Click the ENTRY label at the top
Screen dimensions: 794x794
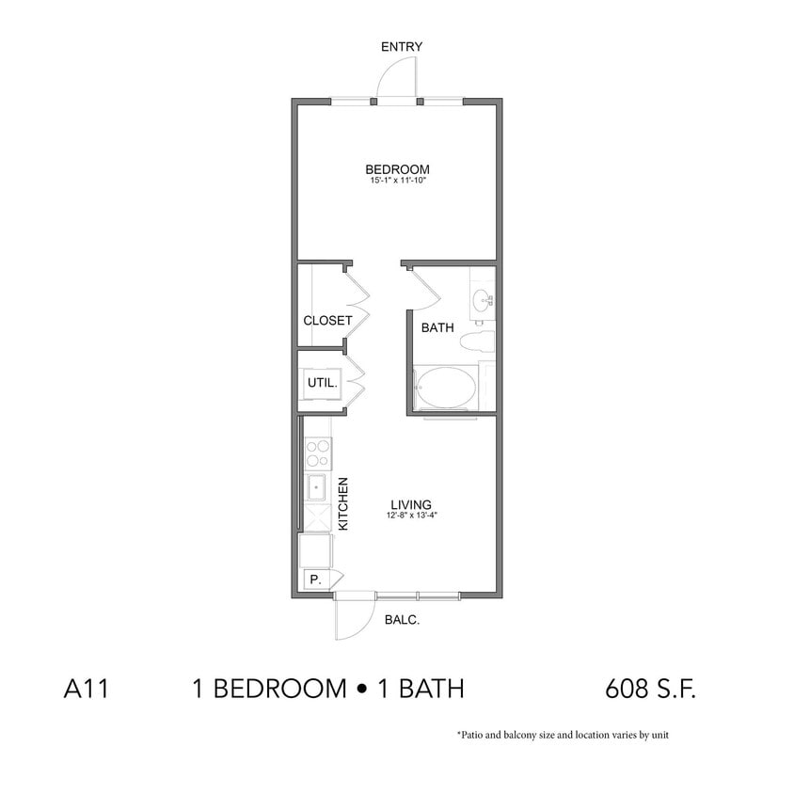coord(401,47)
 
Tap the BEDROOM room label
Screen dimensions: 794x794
coord(397,169)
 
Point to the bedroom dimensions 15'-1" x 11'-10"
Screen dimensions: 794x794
coord(397,180)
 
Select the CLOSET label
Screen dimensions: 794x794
coord(327,321)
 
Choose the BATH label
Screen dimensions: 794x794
coord(437,328)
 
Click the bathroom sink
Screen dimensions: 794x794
coord(482,301)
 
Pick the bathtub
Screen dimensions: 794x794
coord(447,389)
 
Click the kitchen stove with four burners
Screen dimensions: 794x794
coord(318,453)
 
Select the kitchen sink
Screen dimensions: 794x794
coord(317,489)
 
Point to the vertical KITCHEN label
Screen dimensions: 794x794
coord(343,504)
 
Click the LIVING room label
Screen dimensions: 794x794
coord(411,504)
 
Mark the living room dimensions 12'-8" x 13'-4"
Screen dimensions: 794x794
coord(411,515)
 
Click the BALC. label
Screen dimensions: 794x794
coord(402,620)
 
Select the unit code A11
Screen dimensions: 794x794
coord(87,689)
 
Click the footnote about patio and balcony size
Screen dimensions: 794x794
coord(563,736)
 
